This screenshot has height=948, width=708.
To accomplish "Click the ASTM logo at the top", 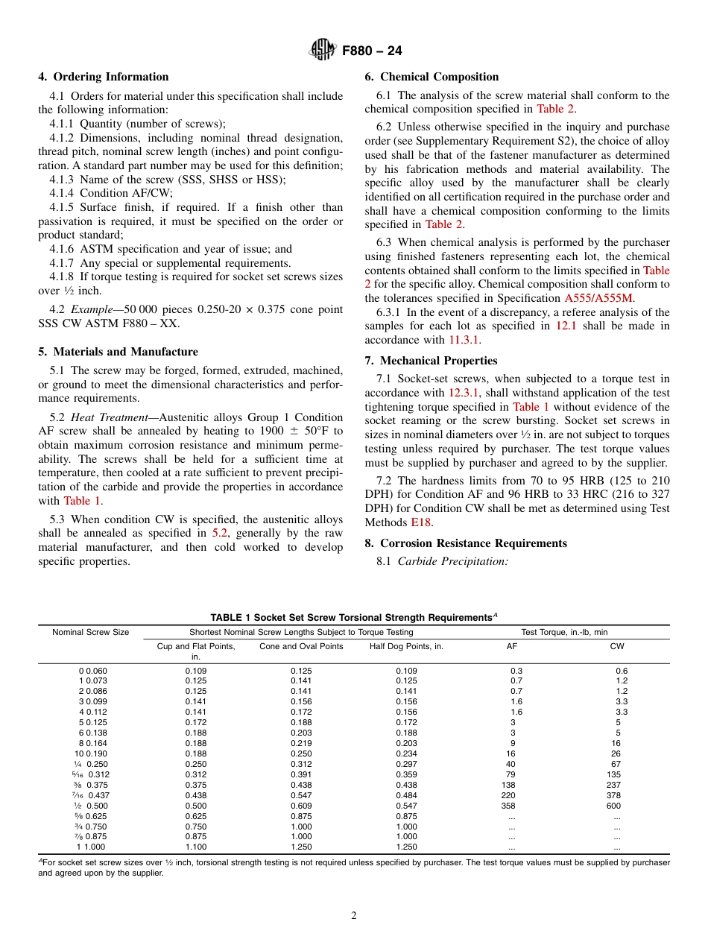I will point(323,51).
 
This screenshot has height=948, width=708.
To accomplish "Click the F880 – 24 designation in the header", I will point(372,51).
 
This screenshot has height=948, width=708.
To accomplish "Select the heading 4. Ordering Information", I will point(104,77).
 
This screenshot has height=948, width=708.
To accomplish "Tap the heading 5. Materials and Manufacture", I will point(118,352).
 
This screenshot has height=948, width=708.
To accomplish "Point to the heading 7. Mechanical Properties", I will point(431,361).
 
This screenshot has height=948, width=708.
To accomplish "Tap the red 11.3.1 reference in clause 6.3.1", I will point(464,340).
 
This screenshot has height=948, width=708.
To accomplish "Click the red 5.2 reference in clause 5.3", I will point(219,534).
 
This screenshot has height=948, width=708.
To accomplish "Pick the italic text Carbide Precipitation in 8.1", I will point(452,561).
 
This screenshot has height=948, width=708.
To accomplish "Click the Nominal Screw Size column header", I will point(90,632).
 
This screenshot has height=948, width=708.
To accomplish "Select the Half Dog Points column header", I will point(406,646).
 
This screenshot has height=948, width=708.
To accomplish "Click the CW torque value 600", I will point(616,806).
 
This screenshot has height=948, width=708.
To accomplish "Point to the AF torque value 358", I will point(511,806).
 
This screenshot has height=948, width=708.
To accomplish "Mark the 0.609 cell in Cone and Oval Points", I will point(301,806).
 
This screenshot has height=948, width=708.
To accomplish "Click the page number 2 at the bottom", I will point(354,916).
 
